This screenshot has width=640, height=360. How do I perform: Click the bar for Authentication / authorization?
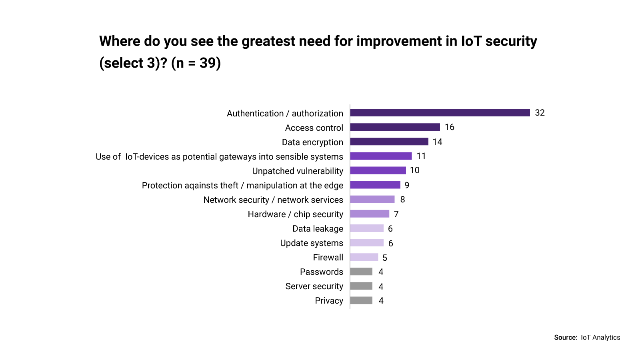[440, 113]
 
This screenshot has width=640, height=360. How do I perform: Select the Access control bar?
[395, 127]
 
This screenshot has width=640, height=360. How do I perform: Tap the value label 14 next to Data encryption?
[437, 142]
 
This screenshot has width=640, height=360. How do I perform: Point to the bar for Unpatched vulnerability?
[378, 170]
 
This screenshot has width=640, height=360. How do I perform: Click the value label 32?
[540, 113]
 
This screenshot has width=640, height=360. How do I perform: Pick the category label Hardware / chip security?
[295, 214]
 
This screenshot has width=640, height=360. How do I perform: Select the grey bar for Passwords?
[361, 272]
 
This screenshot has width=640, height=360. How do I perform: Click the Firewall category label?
[328, 258]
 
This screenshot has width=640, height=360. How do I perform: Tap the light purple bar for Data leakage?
[366, 228]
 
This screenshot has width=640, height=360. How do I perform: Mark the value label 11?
[421, 156]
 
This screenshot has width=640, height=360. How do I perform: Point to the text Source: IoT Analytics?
[587, 338]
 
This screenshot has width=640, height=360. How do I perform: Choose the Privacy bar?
[361, 300]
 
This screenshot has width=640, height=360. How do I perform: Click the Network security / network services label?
[273, 200]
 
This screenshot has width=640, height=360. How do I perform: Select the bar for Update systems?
[366, 243]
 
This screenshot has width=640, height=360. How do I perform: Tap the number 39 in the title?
[208, 63]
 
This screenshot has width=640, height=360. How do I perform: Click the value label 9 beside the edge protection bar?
[406, 185]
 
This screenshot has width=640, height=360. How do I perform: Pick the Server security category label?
[314, 286]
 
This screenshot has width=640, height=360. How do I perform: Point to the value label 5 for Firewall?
[384, 258]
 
